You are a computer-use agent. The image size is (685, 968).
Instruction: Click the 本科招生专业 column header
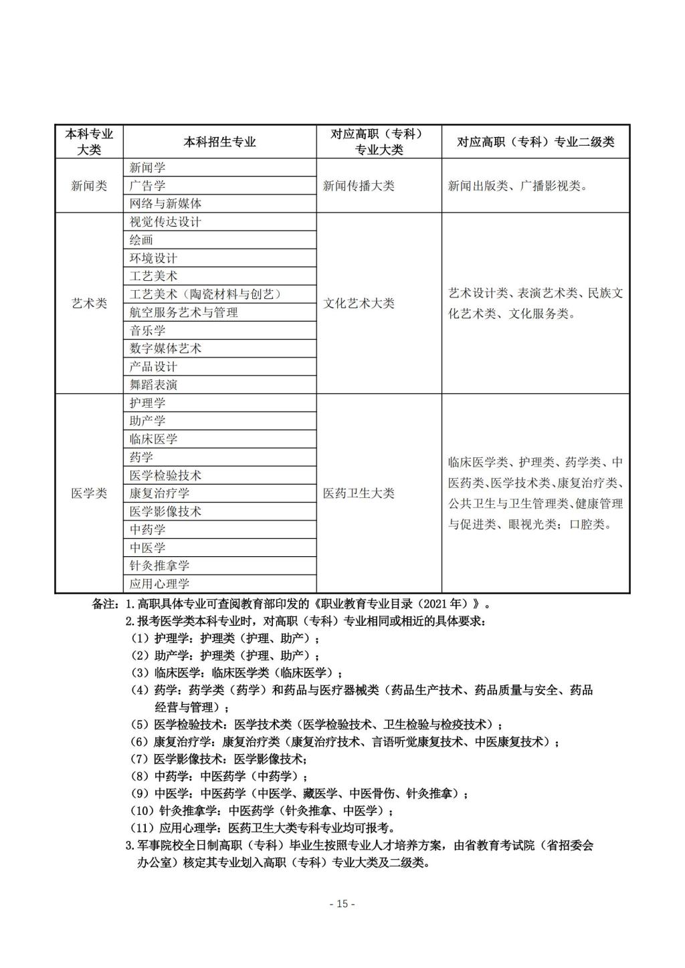(x=219, y=142)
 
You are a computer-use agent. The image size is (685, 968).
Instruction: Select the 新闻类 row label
(x=89, y=186)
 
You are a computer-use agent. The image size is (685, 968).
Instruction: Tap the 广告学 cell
(x=147, y=186)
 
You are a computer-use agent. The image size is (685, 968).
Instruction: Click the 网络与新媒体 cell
(x=165, y=204)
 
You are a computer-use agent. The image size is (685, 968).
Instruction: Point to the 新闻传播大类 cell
(x=359, y=186)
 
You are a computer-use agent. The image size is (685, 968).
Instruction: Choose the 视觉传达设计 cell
(x=165, y=222)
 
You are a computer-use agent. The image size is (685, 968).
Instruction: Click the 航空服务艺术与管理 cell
(x=184, y=312)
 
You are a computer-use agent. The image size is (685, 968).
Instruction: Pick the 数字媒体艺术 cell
(x=165, y=348)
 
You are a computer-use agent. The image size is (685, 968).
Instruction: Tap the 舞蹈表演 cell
(x=153, y=384)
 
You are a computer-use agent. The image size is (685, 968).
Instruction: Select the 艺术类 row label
(x=89, y=303)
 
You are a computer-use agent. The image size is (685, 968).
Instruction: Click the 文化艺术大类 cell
(x=359, y=303)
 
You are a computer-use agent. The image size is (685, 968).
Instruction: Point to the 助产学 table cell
(x=147, y=420)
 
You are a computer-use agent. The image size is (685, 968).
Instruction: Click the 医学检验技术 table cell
(x=165, y=475)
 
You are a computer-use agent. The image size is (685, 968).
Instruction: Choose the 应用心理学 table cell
(x=159, y=584)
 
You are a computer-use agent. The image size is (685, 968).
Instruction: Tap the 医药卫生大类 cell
(x=359, y=493)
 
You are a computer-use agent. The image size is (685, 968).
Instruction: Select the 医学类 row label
(x=89, y=493)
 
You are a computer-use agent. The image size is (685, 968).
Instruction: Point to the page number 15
(x=342, y=904)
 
